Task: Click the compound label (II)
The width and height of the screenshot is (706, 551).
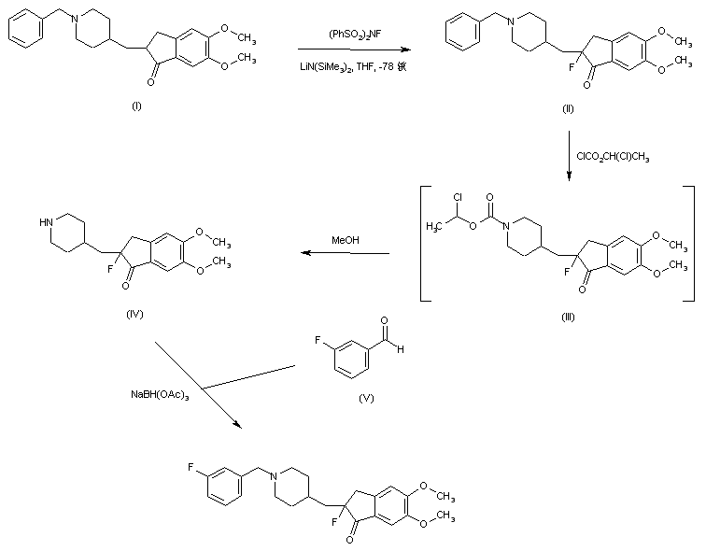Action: click(567, 109)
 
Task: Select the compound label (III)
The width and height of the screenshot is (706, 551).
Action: click(567, 318)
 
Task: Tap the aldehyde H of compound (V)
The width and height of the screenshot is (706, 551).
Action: click(400, 349)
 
